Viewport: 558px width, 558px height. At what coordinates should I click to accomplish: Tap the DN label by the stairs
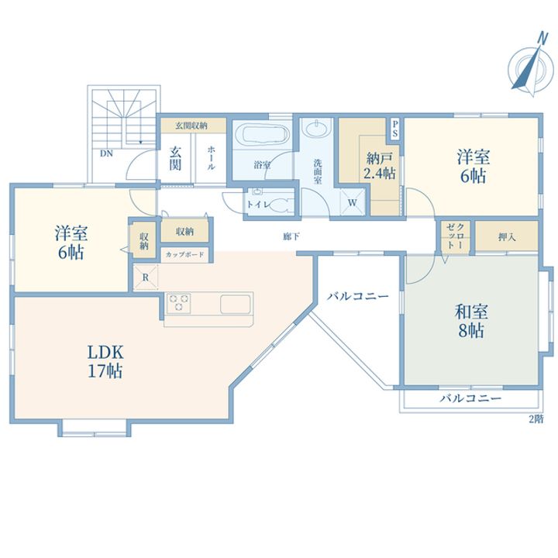tap(106, 153)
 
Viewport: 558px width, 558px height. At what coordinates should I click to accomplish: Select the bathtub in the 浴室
tap(265, 135)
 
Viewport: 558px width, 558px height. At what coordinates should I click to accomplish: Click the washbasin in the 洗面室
tap(315, 128)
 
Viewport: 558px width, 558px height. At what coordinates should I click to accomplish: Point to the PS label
tap(395, 129)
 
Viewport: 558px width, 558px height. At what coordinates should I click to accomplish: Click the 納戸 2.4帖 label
tap(379, 166)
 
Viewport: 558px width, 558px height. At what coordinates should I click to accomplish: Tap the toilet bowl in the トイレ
tap(281, 205)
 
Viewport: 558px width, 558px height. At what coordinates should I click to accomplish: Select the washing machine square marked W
tap(353, 202)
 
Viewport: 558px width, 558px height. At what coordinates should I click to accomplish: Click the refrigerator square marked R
tap(146, 277)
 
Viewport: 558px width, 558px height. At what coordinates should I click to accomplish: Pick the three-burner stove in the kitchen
tap(179, 303)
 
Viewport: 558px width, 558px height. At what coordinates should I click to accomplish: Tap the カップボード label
tap(184, 254)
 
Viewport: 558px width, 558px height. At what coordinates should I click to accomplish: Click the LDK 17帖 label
tap(105, 362)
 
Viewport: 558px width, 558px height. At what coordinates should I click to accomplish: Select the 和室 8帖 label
tap(471, 321)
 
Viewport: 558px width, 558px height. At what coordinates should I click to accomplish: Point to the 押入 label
tap(506, 236)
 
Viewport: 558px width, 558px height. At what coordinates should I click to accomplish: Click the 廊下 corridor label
tap(291, 236)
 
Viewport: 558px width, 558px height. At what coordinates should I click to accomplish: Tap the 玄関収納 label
tap(191, 126)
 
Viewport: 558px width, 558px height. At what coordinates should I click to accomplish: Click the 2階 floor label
tap(536, 419)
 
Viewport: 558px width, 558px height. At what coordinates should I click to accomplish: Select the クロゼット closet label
tap(455, 236)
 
